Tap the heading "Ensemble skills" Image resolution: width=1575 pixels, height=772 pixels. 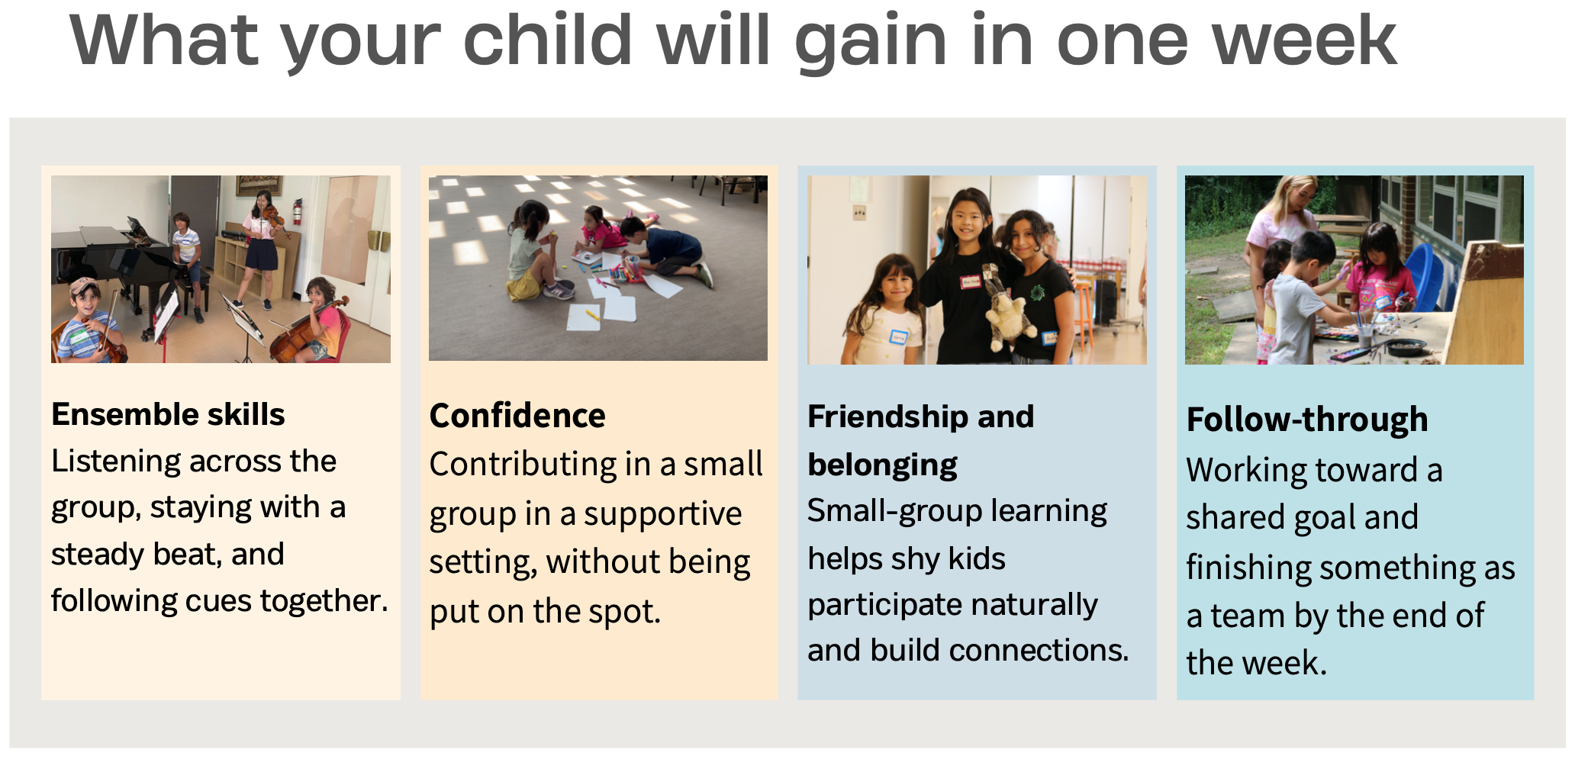(x=168, y=414)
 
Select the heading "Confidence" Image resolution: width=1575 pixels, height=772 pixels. (x=517, y=416)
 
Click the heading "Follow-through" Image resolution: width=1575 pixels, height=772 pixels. (x=1307, y=419)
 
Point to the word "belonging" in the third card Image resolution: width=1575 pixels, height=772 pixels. (x=882, y=465)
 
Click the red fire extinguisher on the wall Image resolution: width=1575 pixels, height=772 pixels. (x=296, y=211)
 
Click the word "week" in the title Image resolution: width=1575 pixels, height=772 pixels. (x=1305, y=41)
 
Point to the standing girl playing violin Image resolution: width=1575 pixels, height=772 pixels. (x=261, y=248)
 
